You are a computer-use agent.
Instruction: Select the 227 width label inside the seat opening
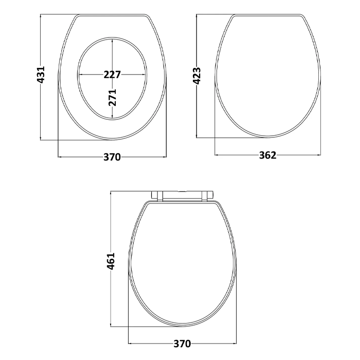tap(112, 75)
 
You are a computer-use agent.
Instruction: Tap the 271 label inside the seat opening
tap(113, 97)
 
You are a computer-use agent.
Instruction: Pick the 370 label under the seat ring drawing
tap(112, 157)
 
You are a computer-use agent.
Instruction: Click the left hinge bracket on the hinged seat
tap(158, 195)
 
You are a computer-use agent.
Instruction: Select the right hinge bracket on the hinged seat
tap(207, 195)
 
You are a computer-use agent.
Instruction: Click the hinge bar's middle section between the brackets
tap(183, 193)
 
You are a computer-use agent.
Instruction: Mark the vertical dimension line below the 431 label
tap(41, 113)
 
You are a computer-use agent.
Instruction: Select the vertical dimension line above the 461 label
tap(113, 221)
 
